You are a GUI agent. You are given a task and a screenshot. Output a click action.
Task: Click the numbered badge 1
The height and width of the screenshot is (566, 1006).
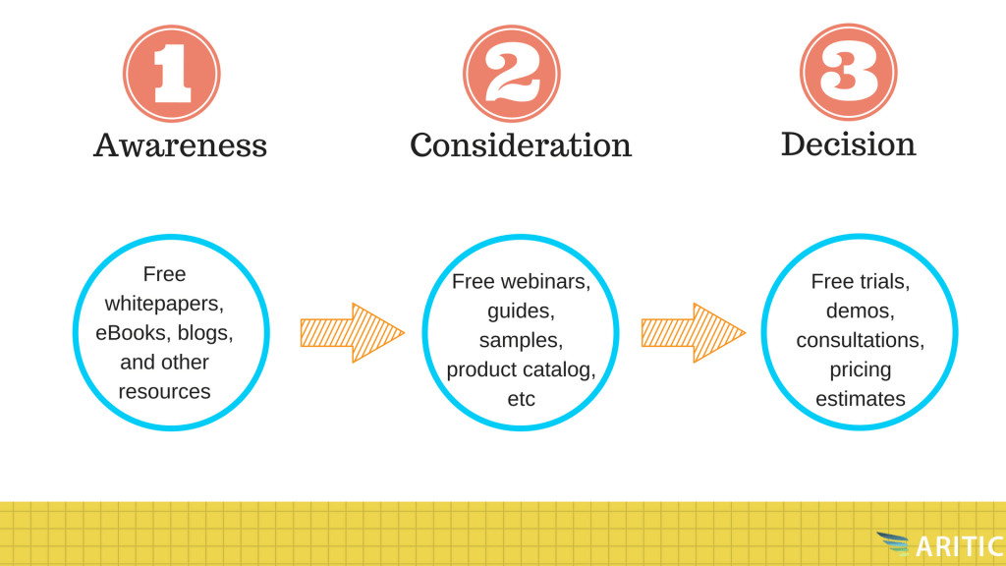(172, 74)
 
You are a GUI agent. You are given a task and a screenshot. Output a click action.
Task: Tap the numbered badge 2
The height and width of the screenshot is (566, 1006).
(511, 74)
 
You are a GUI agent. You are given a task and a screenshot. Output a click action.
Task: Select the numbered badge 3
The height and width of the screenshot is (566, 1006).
(848, 73)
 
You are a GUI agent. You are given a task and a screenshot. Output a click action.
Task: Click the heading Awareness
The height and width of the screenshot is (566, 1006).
(181, 145)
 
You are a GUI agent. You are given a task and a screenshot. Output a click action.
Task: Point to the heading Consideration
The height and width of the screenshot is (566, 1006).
(521, 145)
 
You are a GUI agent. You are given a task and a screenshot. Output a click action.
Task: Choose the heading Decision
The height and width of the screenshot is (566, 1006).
(848, 143)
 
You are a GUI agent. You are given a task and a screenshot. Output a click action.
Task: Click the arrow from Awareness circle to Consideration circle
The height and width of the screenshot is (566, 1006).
(353, 333)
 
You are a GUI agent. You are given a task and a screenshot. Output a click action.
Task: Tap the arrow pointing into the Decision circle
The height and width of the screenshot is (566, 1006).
(694, 333)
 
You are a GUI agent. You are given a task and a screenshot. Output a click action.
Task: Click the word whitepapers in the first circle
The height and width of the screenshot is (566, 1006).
(164, 304)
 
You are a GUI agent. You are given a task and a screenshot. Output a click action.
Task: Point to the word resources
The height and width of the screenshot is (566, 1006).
(164, 391)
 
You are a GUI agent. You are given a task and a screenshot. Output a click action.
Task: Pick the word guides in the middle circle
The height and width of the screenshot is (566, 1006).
(521, 311)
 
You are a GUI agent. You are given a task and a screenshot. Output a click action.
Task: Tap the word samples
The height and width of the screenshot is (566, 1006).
(521, 341)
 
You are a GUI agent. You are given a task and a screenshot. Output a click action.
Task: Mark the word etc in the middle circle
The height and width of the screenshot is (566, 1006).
(521, 399)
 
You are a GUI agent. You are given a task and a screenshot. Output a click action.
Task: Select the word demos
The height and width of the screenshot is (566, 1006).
(861, 311)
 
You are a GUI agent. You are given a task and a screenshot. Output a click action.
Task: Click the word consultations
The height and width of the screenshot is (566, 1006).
(861, 340)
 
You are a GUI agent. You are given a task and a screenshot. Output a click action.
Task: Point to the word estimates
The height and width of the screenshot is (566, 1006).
(861, 399)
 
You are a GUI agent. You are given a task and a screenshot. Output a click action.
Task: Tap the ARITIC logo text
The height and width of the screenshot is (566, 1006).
(961, 546)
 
